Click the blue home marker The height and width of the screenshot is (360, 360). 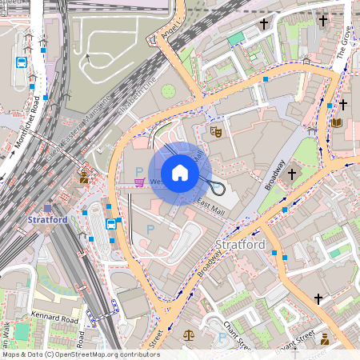pyautogui.click(x=180, y=173)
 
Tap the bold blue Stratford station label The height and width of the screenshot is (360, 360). pyautogui.click(x=47, y=219)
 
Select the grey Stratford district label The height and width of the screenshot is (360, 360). pyautogui.click(x=240, y=243)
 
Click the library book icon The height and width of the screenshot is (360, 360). pyautogui.click(x=336, y=123)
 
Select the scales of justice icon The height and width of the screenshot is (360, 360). pyautogui.click(x=188, y=337)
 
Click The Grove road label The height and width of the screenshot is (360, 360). pyautogui.click(x=344, y=45)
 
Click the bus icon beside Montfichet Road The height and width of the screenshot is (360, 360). pyautogui.click(x=22, y=62)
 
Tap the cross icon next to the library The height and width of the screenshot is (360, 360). pyautogui.click(x=343, y=105)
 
